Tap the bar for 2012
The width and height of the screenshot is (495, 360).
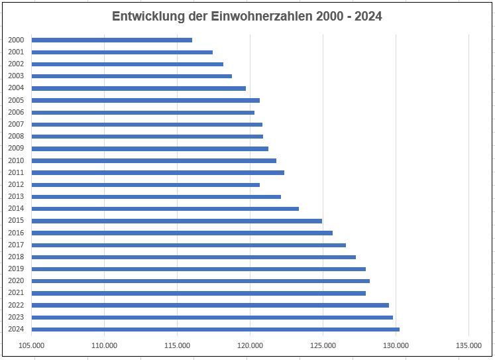[146, 184]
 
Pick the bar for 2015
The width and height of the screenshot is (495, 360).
[176, 221]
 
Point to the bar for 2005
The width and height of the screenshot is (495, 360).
[146, 100]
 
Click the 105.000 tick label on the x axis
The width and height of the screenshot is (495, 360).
[32, 345]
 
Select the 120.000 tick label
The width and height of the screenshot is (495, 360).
[250, 345]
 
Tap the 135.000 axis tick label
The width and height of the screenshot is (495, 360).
[468, 345]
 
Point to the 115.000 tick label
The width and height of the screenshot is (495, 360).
[177, 345]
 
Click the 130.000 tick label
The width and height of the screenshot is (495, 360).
[396, 345]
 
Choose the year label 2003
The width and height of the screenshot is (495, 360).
[17, 76]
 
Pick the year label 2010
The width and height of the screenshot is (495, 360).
[17, 160]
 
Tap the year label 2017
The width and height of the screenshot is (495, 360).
[17, 245]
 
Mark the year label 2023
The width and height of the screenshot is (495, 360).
[17, 317]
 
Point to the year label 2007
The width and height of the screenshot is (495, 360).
[17, 125]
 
